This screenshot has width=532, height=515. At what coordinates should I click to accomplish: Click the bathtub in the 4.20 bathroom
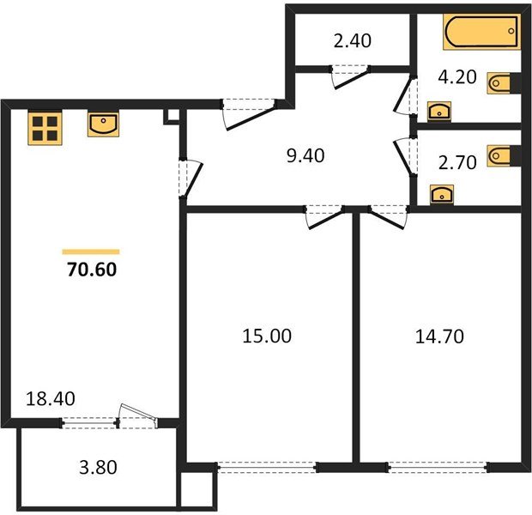click(481, 33)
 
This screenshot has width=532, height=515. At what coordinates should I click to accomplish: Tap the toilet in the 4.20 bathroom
click(500, 82)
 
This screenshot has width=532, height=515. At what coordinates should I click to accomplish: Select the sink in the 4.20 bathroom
click(439, 110)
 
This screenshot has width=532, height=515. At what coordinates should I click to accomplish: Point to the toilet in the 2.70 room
click(500, 155)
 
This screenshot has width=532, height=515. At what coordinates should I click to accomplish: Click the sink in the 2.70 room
click(439, 192)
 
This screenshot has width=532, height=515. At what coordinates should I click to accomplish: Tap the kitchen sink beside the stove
click(103, 125)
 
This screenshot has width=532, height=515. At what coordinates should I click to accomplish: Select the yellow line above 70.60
click(91, 251)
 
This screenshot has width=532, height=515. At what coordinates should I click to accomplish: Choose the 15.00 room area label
click(266, 336)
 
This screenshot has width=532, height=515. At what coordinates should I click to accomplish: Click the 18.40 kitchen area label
click(42, 399)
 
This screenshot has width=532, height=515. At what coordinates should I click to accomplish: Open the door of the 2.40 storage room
click(348, 77)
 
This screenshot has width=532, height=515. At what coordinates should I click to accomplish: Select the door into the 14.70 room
click(387, 215)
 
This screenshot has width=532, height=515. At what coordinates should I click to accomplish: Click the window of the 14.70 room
click(438, 468)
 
